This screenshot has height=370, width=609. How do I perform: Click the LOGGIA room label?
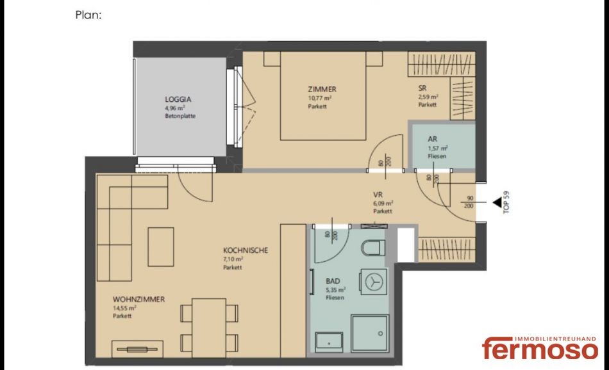[x=178, y=99]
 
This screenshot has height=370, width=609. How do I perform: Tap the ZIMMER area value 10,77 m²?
[x=320, y=98]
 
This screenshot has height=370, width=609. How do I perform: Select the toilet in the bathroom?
[x=373, y=248]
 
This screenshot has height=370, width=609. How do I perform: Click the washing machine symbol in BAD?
[x=373, y=282]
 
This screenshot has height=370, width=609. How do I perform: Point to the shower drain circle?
[x=381, y=333]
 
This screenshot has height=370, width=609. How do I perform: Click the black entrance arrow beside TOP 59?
[x=497, y=202]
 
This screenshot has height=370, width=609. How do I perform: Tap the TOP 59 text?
[x=506, y=202]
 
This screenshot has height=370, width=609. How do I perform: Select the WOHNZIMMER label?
[x=138, y=300]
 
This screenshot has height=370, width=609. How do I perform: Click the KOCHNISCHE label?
[x=246, y=250]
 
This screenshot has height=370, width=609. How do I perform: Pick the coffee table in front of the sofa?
[x=161, y=246]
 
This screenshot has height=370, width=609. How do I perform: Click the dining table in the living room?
[x=209, y=328]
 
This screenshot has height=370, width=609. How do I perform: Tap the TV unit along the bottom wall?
[x=137, y=349]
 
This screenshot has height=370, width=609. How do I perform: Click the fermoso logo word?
[x=540, y=348]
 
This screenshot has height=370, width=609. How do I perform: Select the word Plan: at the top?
[x=88, y=15]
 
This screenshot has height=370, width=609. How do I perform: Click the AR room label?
[x=432, y=139]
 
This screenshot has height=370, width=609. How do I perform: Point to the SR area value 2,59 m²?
[x=428, y=97]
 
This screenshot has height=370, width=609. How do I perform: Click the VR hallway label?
[x=378, y=195]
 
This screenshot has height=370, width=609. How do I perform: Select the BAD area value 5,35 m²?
[x=335, y=290]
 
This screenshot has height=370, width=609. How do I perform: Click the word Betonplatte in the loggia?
[x=180, y=116]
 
